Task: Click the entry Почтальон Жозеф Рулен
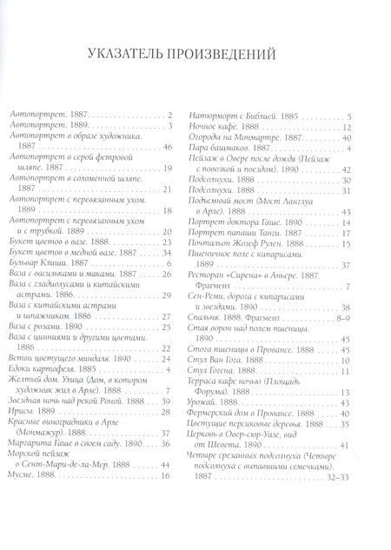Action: click(252, 245)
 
